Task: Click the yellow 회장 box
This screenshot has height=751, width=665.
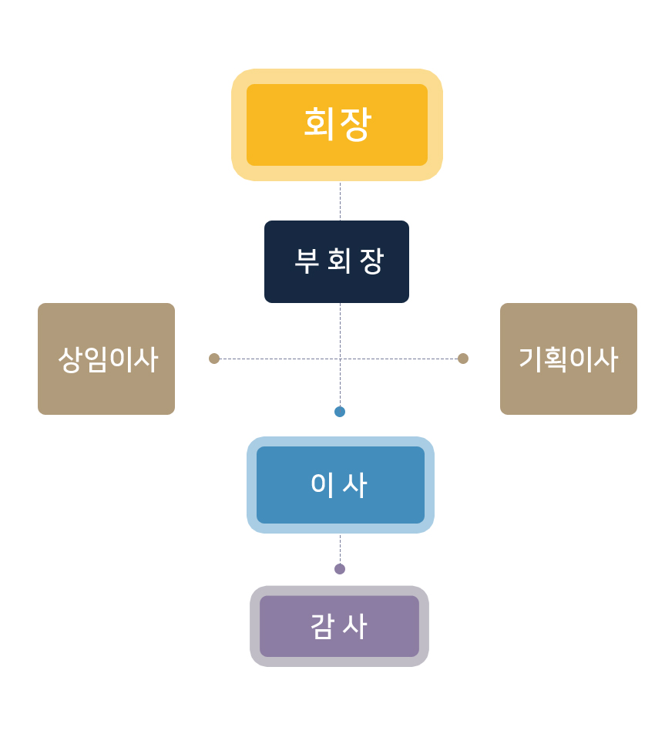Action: click(x=337, y=125)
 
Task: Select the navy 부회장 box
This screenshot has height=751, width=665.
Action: click(x=337, y=261)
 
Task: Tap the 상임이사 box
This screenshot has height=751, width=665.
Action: click(x=106, y=359)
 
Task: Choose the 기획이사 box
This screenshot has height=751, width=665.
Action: click(x=569, y=359)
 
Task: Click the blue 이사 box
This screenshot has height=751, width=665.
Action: click(x=340, y=485)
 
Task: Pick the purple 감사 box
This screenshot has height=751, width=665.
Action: click(x=339, y=626)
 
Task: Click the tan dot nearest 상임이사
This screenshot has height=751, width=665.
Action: click(x=214, y=359)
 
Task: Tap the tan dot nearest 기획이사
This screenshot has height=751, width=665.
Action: click(x=463, y=359)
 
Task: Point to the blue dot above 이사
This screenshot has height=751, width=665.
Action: click(x=340, y=412)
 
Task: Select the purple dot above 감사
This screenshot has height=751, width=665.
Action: click(x=340, y=569)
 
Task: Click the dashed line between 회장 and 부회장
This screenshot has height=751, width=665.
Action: click(x=340, y=201)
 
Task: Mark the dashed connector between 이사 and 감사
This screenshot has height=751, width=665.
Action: click(x=340, y=550)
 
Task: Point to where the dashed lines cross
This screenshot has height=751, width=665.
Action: click(x=340, y=359)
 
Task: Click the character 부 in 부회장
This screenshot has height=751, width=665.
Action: click(x=307, y=261)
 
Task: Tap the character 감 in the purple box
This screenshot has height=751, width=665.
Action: click(x=322, y=626)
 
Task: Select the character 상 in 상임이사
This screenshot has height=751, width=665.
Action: click(x=70, y=359)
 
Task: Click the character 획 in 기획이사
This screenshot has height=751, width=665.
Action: click(x=556, y=359)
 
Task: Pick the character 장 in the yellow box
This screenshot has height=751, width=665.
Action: click(x=355, y=124)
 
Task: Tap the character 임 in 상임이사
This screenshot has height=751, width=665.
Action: click(x=95, y=359)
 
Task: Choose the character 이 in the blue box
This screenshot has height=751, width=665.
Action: click(x=321, y=485)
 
